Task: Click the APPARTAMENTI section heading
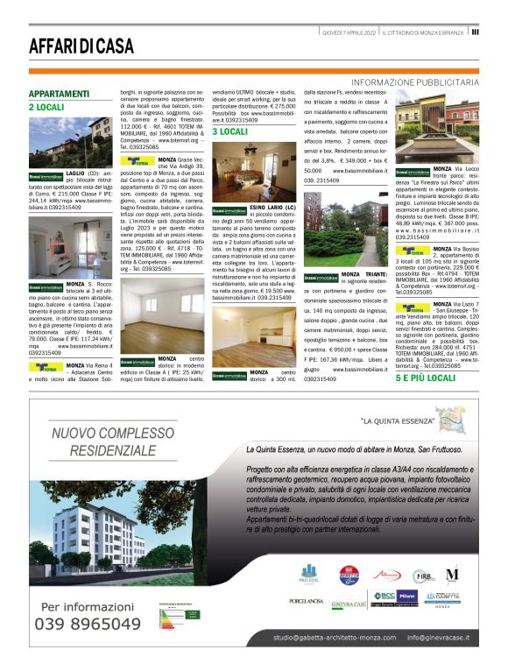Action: tap(59, 94)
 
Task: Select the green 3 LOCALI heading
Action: tap(229, 131)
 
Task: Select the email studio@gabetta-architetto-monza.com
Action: tap(322, 638)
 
